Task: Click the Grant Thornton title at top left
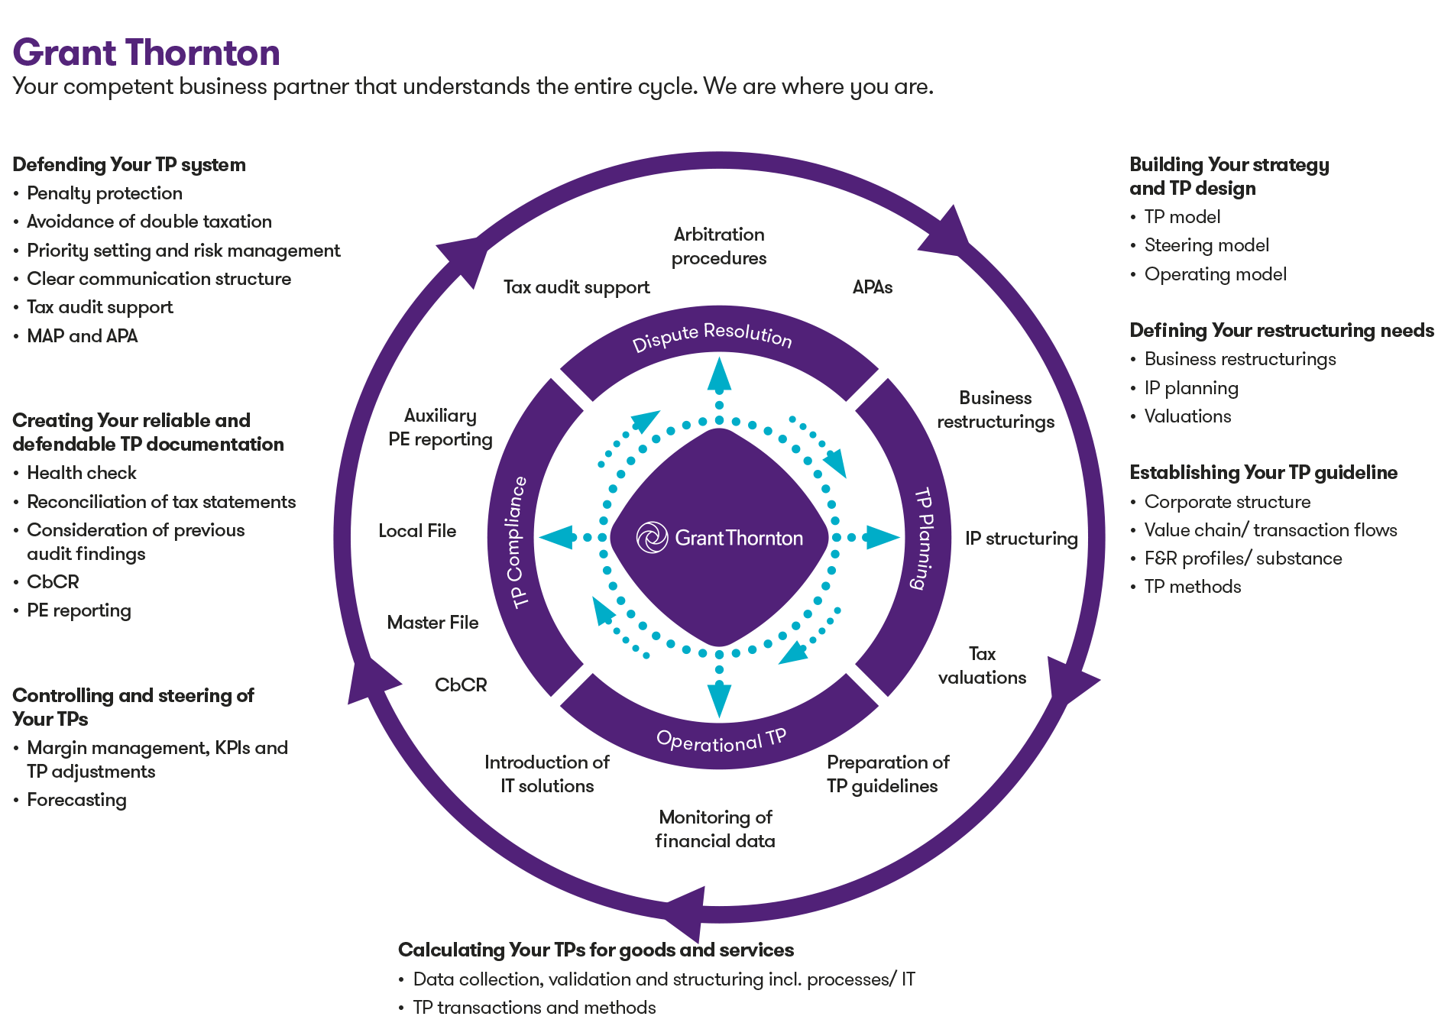point(146,53)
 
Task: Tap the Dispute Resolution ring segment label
point(712,335)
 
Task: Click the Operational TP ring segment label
point(721,740)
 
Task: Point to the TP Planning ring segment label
point(924,539)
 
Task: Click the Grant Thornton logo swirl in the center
point(652,537)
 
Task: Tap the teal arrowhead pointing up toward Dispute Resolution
point(719,374)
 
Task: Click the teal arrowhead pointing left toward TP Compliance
point(555,537)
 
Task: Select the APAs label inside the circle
point(872,287)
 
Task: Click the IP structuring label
point(1020,539)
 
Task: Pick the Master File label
point(432,623)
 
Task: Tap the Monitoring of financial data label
point(715,829)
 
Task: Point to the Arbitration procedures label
point(718,246)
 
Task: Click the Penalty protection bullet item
point(105,193)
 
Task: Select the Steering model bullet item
point(1206,245)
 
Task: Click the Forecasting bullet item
point(76,800)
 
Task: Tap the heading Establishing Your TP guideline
point(1263,473)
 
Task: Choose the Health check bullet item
point(82,473)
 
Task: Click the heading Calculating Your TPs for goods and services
point(595,950)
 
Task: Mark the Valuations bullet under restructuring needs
point(1187,416)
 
